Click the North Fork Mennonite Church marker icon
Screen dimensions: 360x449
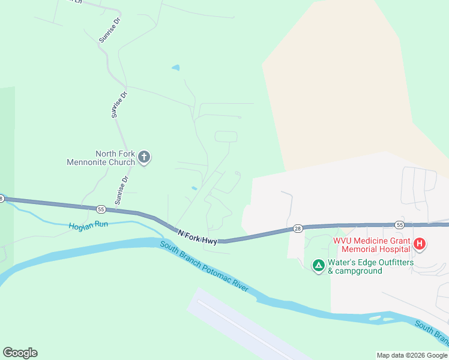pyautogui.click(x=143, y=158)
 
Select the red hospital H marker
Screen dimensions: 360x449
pyautogui.click(x=420, y=244)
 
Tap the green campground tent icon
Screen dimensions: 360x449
pyautogui.click(x=318, y=265)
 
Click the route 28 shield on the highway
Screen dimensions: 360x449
pyautogui.click(x=298, y=228)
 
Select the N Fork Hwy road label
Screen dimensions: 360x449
pyautogui.click(x=197, y=235)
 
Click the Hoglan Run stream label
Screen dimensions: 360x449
pyautogui.click(x=88, y=227)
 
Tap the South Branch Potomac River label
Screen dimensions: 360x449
pyautogui.click(x=204, y=266)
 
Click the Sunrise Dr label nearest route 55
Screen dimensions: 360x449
pyautogui.click(x=122, y=188)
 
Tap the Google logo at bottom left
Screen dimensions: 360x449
pyautogui.click(x=20, y=353)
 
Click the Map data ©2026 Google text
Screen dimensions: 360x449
pyautogui.click(x=411, y=355)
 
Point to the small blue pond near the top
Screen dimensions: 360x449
pyautogui.click(x=175, y=68)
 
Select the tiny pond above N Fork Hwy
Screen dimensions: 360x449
pyautogui.click(x=194, y=188)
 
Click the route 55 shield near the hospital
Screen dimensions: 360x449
pyautogui.click(x=400, y=224)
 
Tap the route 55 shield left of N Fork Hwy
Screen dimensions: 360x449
pyautogui.click(x=101, y=209)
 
